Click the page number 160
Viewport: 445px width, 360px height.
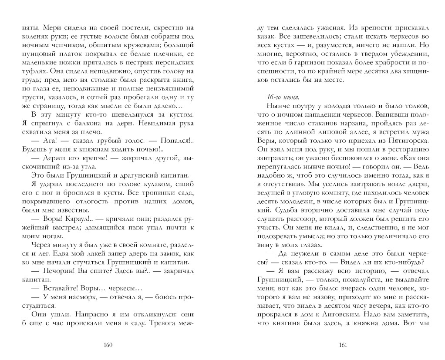tap(109, 345)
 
